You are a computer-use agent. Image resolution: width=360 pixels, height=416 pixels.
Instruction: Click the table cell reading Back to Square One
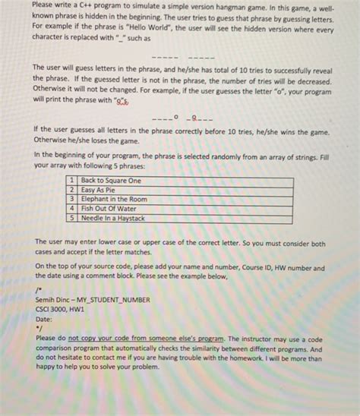(111, 181)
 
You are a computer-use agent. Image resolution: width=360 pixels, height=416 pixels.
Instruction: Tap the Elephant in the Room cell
(114, 199)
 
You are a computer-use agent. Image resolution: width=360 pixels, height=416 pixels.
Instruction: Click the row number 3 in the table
(71, 199)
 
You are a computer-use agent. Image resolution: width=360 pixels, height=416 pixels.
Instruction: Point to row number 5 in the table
(71, 217)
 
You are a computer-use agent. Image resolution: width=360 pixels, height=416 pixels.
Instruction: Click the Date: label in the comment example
(45, 320)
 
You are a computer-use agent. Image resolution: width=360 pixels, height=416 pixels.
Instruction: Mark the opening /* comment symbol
(38, 291)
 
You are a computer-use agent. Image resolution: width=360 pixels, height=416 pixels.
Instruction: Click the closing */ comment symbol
(37, 329)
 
